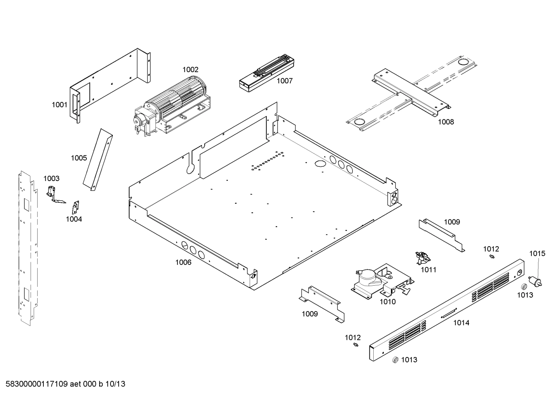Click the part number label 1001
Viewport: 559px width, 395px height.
pos(59,105)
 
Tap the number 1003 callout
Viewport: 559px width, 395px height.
pos(51,178)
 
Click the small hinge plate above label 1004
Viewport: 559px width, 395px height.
pos(76,207)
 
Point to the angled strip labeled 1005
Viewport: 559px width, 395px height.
pos(97,159)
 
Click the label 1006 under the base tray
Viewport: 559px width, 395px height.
pos(183,262)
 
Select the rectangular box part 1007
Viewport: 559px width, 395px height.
pos(264,76)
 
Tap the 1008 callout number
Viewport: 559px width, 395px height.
pos(445,122)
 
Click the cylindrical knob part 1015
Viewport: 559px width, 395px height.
pos(535,281)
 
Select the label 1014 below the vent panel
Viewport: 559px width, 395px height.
pos(461,323)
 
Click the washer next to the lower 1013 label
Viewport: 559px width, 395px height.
pos(395,360)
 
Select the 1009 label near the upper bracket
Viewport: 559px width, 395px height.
pos(452,222)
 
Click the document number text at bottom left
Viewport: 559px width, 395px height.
pos(64,384)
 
